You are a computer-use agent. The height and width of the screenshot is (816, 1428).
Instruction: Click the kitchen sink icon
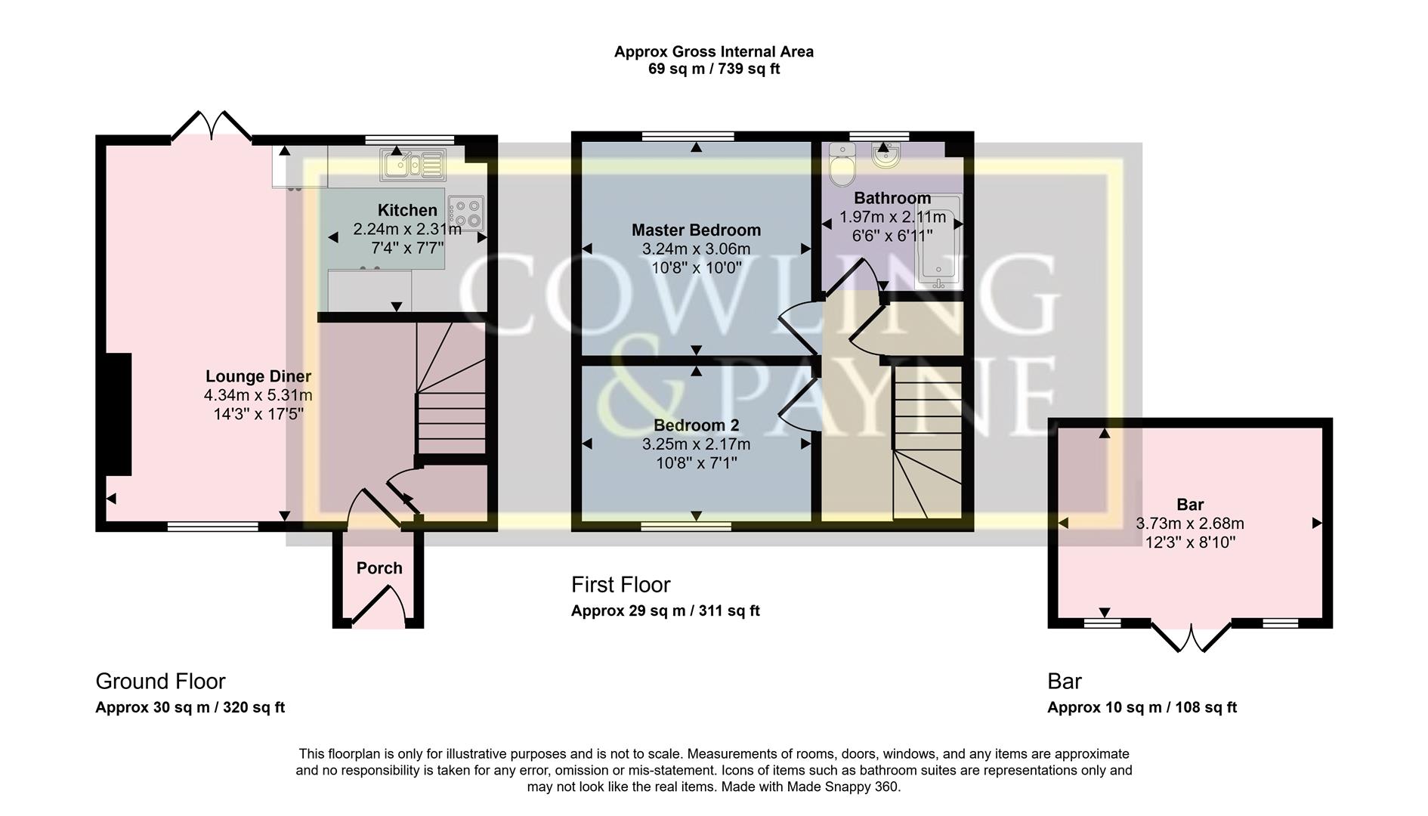[413, 165]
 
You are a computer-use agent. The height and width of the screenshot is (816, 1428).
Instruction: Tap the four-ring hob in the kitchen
[466, 212]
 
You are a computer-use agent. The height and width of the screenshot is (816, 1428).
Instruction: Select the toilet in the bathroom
[841, 164]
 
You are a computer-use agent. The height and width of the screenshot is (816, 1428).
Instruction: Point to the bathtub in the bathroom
[938, 242]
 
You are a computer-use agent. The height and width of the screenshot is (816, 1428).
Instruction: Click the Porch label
[379, 568]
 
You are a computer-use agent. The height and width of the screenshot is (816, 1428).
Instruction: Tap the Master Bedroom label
[696, 230]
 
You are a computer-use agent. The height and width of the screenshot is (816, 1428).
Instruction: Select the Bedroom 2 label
[696, 425]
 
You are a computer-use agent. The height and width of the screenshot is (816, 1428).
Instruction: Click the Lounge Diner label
[258, 376]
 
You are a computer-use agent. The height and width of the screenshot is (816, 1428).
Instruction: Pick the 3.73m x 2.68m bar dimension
[1189, 524]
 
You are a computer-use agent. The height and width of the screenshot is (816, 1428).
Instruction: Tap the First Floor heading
[620, 585]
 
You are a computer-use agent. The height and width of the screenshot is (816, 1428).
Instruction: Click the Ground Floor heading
[160, 682]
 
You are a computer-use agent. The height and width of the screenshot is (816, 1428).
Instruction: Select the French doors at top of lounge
[212, 127]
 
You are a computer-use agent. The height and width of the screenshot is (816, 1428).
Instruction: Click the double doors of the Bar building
[1191, 638]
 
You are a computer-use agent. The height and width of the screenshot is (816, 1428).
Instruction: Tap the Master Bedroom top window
[688, 137]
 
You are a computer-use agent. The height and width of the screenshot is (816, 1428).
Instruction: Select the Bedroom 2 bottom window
[686, 526]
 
